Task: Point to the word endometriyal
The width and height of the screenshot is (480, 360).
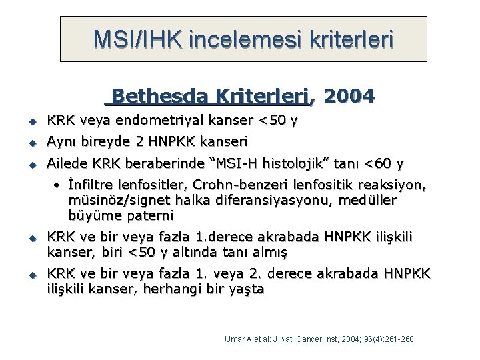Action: click(156, 121)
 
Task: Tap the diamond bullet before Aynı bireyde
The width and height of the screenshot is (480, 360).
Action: click(31, 143)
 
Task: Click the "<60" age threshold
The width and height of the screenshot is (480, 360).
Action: click(381, 163)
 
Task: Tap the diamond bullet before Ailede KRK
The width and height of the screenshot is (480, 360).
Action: click(31, 164)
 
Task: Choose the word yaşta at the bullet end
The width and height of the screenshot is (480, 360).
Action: click(246, 289)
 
